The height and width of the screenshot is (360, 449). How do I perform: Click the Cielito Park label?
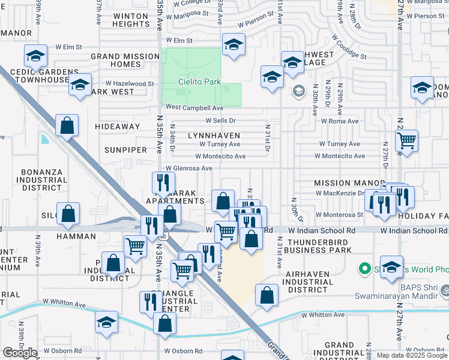coord(199,82)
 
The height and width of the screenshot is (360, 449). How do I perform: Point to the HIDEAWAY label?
coord(117,127)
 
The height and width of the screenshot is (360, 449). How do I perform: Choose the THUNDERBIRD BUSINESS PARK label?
coord(319,245)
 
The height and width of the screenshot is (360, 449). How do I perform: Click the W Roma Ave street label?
coord(339,121)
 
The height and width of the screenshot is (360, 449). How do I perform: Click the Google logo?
coord(20,353)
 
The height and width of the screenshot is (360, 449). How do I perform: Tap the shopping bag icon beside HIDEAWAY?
coord(67,125)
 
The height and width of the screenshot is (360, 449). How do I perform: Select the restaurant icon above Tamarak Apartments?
coord(163,181)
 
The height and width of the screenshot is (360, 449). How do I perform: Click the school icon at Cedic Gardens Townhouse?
coord(36,56)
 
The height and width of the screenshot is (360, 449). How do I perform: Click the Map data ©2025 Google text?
coord(411,355)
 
